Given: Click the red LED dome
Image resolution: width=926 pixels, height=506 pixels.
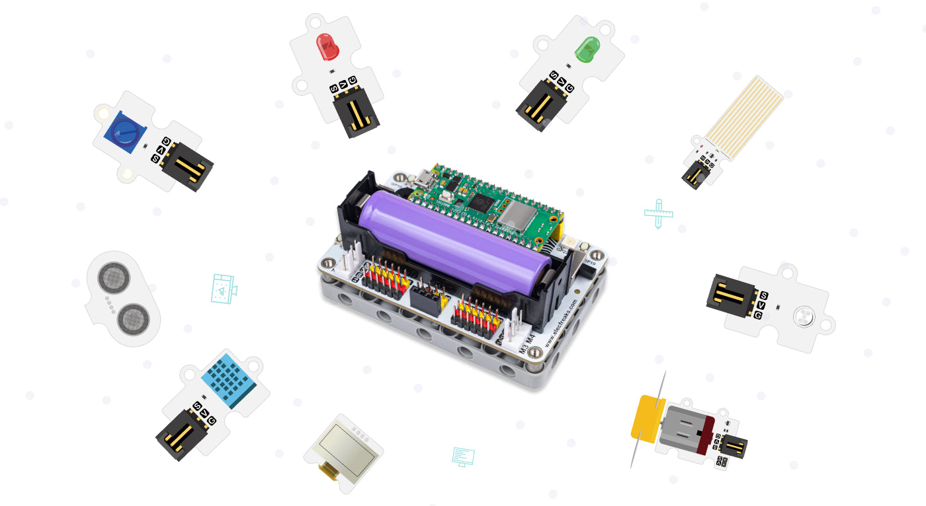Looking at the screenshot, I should [x=327, y=46].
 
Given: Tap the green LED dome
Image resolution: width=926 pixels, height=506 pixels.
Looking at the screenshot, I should [x=585, y=50].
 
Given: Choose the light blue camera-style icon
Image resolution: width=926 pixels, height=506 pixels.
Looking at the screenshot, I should [x=224, y=289].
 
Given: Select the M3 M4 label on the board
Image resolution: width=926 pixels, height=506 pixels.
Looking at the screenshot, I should [x=527, y=345].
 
